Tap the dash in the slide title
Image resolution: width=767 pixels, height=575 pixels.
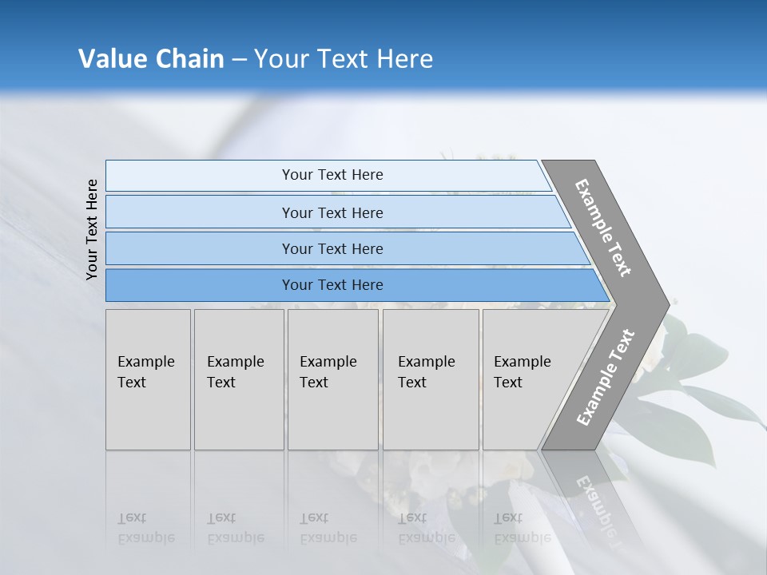pos(239,60)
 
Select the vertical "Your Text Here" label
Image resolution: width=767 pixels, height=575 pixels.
pos(92,229)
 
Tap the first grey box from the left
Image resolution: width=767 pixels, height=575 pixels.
pos(148,379)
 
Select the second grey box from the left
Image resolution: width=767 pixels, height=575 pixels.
pos(239,379)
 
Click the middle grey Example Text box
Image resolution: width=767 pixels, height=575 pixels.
pos(332,379)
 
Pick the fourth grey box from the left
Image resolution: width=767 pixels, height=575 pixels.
pos(431,379)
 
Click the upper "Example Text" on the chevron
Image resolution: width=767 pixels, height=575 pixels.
pos(603,228)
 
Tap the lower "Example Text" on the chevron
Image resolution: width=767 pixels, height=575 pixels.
pos(606,378)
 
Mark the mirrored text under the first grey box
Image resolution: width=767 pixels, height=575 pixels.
pos(146,529)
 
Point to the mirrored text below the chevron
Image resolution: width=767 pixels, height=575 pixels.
pos(599,503)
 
